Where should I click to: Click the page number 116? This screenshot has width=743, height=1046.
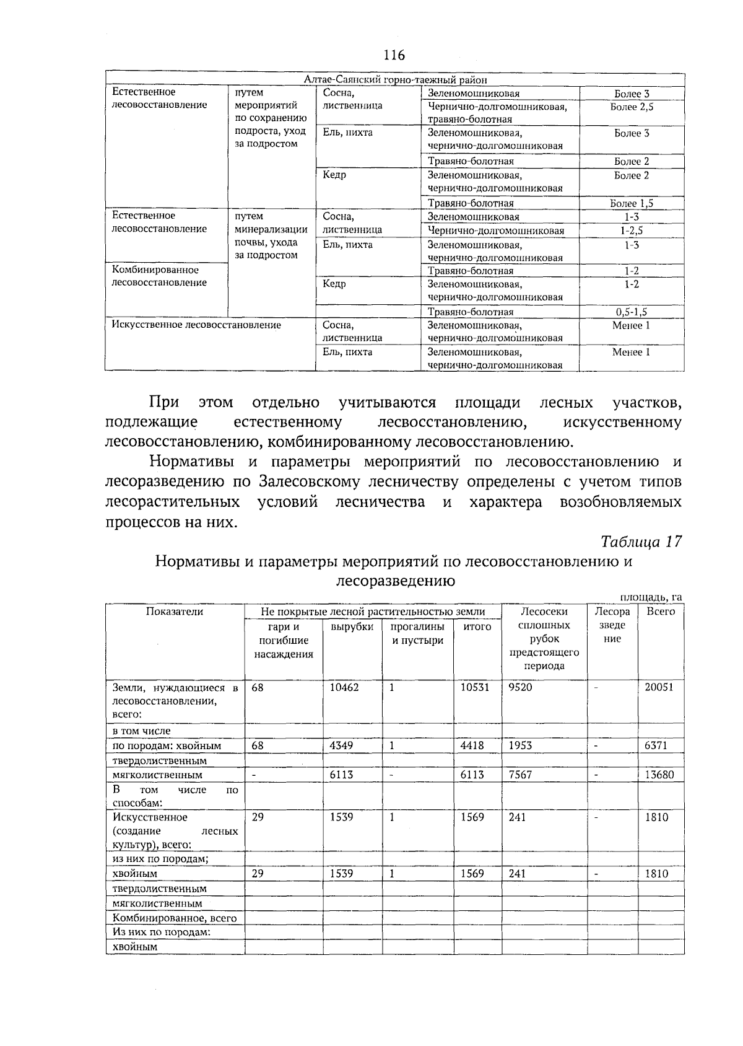pos(394,56)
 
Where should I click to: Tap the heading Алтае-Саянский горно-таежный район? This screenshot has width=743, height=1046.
pos(396,80)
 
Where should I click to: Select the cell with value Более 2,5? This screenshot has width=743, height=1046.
pos(632,107)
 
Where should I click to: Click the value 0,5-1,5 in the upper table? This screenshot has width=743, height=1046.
pos(632,312)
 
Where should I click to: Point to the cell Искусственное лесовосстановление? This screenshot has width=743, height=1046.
pos(196,325)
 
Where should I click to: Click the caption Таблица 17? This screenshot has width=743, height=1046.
pos(641,541)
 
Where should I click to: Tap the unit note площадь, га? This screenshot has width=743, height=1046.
pos(651,597)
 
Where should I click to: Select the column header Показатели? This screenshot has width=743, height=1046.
pos(175,612)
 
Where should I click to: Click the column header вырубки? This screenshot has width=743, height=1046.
pos(352,627)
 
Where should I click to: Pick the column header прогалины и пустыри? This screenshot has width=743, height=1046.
pos(417,633)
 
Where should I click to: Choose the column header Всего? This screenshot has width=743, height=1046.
pos(661,612)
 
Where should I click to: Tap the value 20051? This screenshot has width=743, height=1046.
pos(659,687)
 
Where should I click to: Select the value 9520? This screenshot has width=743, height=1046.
pos(520,687)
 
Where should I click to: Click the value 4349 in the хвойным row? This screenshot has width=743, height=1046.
pos(341,745)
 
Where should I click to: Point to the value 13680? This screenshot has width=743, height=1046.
pos(659,775)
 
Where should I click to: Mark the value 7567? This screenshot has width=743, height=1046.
pos(520,775)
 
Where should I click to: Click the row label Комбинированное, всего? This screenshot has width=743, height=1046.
pos(175,918)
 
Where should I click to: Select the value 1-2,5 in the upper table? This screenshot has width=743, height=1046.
pos(632,231)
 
